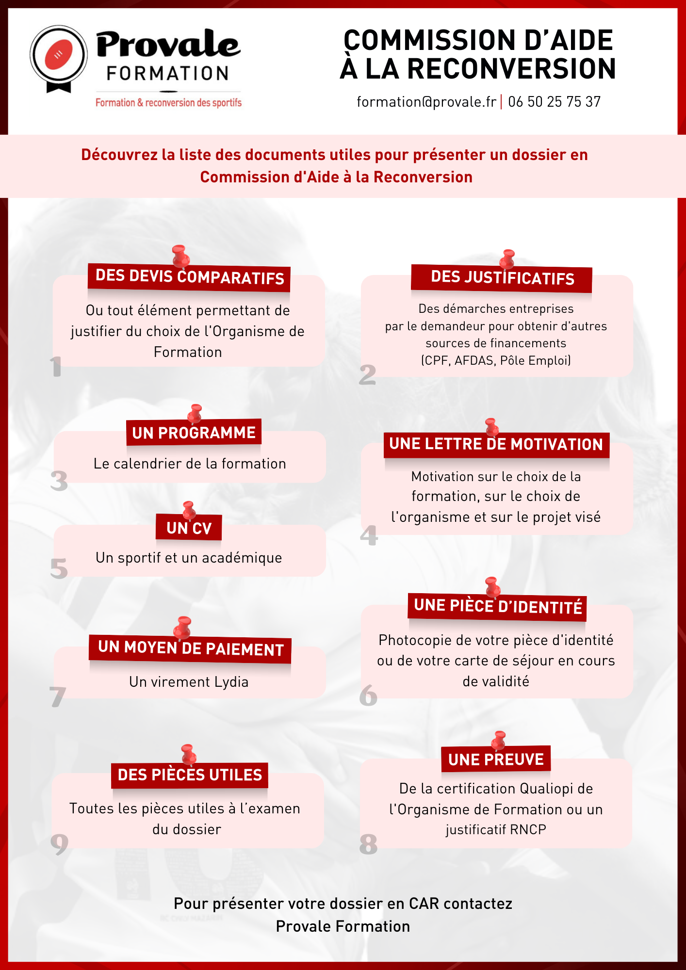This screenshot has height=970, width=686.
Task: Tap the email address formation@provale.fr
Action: (x=426, y=102)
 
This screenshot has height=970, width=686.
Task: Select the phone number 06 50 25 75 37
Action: (x=555, y=102)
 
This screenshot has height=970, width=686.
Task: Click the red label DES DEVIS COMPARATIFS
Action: (x=189, y=277)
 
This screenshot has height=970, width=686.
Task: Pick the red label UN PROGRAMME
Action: (x=194, y=433)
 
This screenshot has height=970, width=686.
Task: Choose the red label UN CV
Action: (x=189, y=528)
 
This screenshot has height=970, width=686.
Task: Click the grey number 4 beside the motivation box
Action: (x=369, y=535)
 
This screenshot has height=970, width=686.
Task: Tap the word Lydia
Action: (x=231, y=682)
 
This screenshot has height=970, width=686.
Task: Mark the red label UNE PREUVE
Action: (x=496, y=760)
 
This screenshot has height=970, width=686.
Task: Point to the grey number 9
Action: (x=59, y=844)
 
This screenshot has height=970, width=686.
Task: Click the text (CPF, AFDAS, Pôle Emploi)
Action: (x=496, y=360)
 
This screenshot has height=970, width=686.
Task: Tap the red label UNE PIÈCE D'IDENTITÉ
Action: (x=497, y=607)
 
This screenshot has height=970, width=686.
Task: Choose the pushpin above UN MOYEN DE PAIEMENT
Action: (x=183, y=628)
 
